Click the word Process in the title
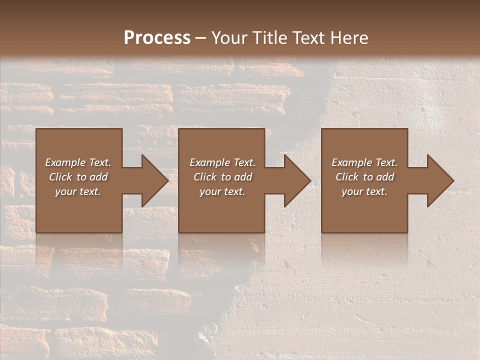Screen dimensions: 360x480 click(157, 37)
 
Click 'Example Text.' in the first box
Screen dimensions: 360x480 click(78, 162)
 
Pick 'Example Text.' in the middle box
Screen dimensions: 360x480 click(222, 162)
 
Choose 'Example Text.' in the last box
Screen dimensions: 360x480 click(364, 162)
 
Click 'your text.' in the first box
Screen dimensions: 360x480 click(78, 191)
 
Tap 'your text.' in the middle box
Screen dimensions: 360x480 click(222, 191)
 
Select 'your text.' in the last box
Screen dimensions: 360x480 click(364, 191)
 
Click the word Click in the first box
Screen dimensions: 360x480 click(61, 177)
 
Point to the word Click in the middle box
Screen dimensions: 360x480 click(205, 177)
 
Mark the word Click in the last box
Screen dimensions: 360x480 click(347, 177)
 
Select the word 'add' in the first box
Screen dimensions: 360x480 click(98, 177)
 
